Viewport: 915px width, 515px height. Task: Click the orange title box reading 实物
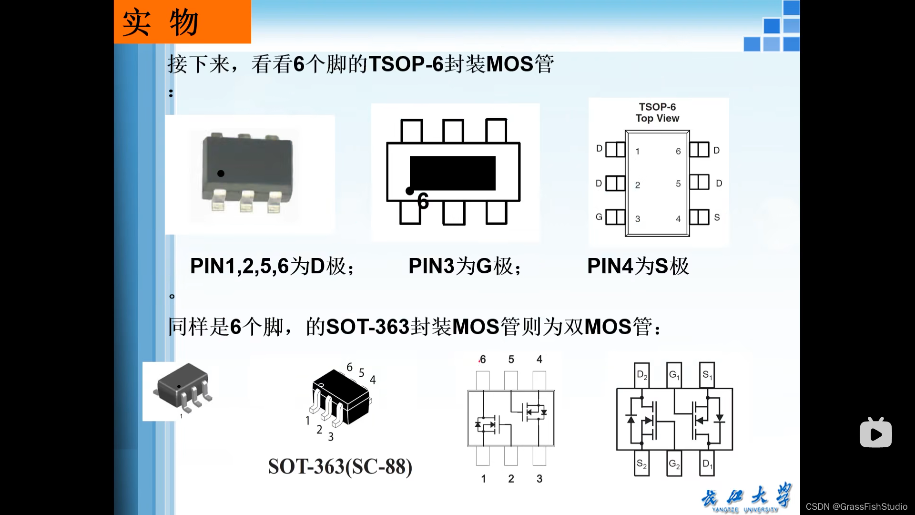click(x=182, y=22)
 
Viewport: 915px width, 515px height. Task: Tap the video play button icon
click(x=875, y=433)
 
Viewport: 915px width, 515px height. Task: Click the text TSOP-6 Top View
click(x=657, y=113)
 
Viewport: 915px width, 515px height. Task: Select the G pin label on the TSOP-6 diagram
click(x=599, y=217)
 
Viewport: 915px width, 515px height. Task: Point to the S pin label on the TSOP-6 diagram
click(x=717, y=217)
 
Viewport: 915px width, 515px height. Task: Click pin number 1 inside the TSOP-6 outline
click(x=638, y=152)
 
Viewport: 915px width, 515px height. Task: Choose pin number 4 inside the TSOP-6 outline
click(x=678, y=219)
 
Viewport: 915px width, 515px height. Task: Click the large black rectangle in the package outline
click(x=452, y=173)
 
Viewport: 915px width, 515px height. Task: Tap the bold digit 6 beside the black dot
click(x=423, y=201)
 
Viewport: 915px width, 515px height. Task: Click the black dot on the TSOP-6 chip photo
click(x=221, y=174)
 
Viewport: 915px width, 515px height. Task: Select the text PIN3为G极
click(x=465, y=266)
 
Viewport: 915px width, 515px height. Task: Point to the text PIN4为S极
click(x=638, y=266)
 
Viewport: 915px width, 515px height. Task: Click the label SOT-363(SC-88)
click(x=340, y=466)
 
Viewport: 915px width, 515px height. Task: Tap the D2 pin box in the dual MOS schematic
click(x=642, y=375)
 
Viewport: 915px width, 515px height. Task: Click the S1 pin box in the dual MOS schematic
click(x=707, y=375)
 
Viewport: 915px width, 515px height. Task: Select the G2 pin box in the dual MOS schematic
click(x=674, y=463)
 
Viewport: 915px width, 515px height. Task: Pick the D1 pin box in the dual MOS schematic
click(x=707, y=463)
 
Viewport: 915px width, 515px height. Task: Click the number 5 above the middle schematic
click(x=511, y=360)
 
